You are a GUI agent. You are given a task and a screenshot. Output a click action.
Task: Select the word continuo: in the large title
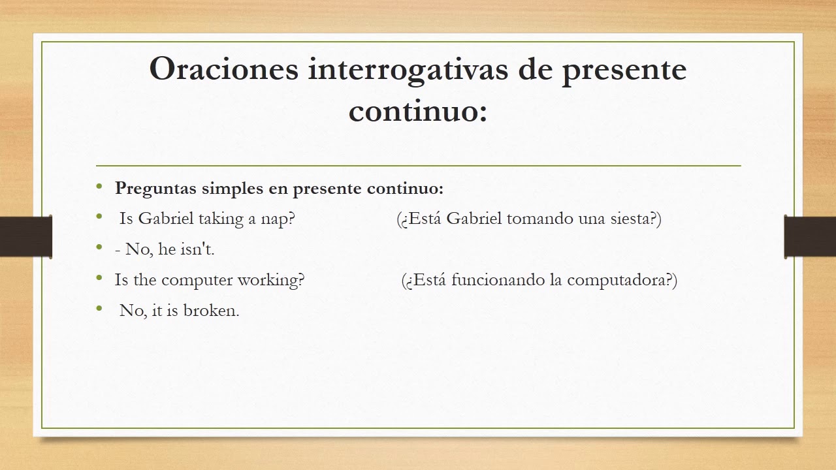pyautogui.click(x=418, y=111)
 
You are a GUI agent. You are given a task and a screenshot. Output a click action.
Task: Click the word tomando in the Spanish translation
pyautogui.click(x=540, y=219)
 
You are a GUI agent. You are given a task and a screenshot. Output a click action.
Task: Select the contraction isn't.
pyautogui.click(x=195, y=249)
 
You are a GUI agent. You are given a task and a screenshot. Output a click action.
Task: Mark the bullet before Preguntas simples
pyautogui.click(x=99, y=187)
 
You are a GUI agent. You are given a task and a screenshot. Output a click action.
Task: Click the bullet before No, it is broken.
pyautogui.click(x=99, y=309)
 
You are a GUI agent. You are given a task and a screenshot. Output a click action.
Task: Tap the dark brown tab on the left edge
pyautogui.click(x=25, y=236)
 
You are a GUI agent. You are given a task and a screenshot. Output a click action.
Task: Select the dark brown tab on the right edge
pyautogui.click(x=810, y=236)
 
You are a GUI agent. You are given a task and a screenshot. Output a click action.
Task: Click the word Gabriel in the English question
pyautogui.click(x=167, y=219)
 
